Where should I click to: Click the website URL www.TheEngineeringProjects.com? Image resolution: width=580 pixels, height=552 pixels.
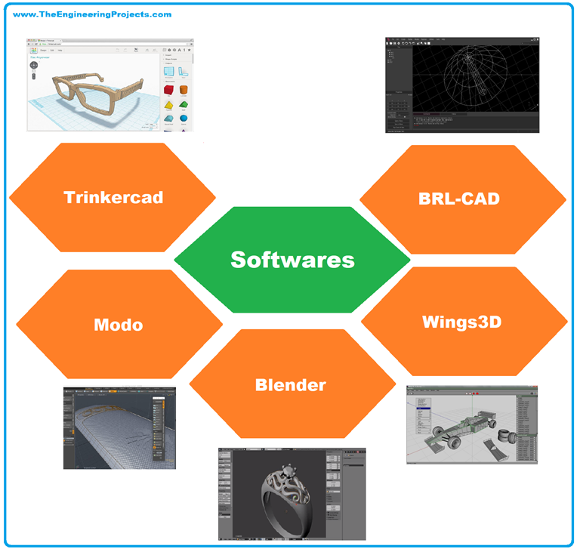click(x=92, y=14)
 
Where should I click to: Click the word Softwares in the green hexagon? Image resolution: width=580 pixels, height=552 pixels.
click(x=292, y=259)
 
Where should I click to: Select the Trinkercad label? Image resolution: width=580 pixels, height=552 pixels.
click(x=113, y=198)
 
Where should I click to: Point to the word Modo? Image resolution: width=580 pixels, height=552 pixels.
click(x=119, y=325)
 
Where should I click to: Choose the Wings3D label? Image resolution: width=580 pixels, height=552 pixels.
click(x=462, y=322)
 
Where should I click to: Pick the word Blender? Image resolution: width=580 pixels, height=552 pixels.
click(x=291, y=384)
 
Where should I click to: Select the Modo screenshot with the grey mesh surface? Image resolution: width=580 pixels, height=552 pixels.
click(x=119, y=428)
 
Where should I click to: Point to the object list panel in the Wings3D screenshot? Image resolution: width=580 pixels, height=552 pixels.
click(x=526, y=427)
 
